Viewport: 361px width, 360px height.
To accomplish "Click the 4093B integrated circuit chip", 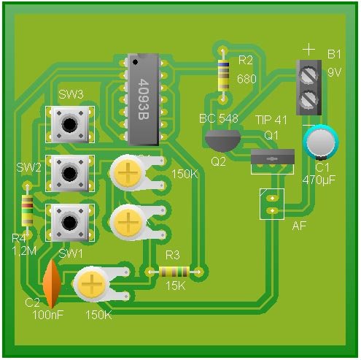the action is tap(144, 99).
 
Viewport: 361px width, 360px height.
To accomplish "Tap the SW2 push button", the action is tap(70, 173).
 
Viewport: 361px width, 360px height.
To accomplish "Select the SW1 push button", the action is tap(70, 223).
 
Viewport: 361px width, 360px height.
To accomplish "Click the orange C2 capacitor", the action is tap(52, 284).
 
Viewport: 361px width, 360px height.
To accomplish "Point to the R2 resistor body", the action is tap(223, 75).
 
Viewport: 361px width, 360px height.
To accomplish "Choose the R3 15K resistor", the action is tap(174, 272).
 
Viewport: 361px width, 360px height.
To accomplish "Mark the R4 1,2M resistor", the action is tap(27, 210).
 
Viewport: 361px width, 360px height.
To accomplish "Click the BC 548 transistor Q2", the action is tap(222, 141).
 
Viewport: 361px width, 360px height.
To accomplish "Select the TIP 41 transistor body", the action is tap(273, 157).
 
